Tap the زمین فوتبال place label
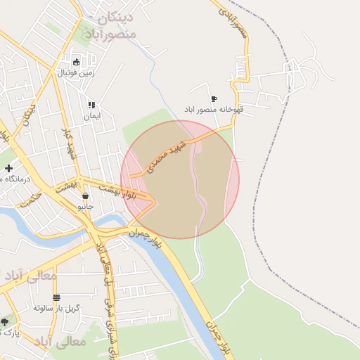click(x=76, y=72)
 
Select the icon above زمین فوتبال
click(x=76, y=61)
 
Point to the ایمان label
click(x=92, y=115)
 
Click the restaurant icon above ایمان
click(x=92, y=104)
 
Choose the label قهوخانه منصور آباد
click(x=213, y=110)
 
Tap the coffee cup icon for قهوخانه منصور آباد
click(x=214, y=98)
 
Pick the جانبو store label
click(x=85, y=207)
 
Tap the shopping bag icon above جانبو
click(x=85, y=196)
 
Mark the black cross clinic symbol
click(x=8, y=168)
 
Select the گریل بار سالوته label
click(x=57, y=308)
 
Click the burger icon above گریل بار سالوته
click(x=56, y=297)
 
